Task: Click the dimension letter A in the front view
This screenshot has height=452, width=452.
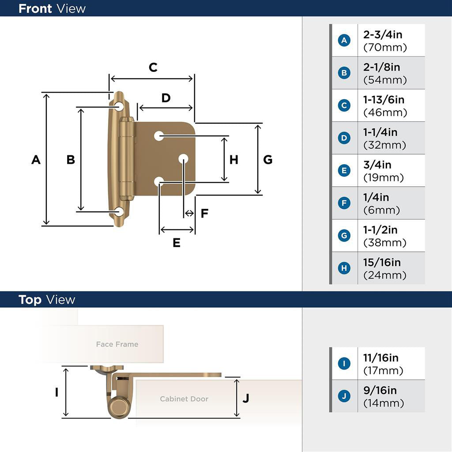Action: tap(36, 160)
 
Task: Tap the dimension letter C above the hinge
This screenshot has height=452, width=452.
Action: tap(153, 68)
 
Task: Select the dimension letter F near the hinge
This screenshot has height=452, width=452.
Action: tap(204, 214)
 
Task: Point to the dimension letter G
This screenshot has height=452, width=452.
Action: tap(267, 160)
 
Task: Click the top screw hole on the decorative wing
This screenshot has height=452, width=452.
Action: tap(119, 106)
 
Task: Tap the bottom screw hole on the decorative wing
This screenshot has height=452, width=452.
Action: tap(119, 212)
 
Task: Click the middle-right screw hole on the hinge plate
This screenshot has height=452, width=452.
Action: tap(184, 158)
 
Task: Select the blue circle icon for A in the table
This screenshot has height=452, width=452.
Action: tap(344, 41)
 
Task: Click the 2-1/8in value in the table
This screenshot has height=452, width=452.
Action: tap(381, 67)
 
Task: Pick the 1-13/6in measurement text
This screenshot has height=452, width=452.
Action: tap(384, 100)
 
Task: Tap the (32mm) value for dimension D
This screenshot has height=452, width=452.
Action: tap(384, 145)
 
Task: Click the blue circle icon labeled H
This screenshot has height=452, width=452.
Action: tap(344, 268)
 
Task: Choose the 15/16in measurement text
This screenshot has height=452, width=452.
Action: tap(382, 263)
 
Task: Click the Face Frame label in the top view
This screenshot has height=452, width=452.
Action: tap(117, 344)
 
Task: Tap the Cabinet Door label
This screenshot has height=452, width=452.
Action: tap(184, 399)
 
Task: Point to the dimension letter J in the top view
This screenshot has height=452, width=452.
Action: tap(246, 398)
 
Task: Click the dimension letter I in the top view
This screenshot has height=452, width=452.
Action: tap(56, 392)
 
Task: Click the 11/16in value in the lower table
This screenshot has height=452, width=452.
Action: tap(380, 358)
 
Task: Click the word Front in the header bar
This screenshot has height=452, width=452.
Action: tap(35, 8)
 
